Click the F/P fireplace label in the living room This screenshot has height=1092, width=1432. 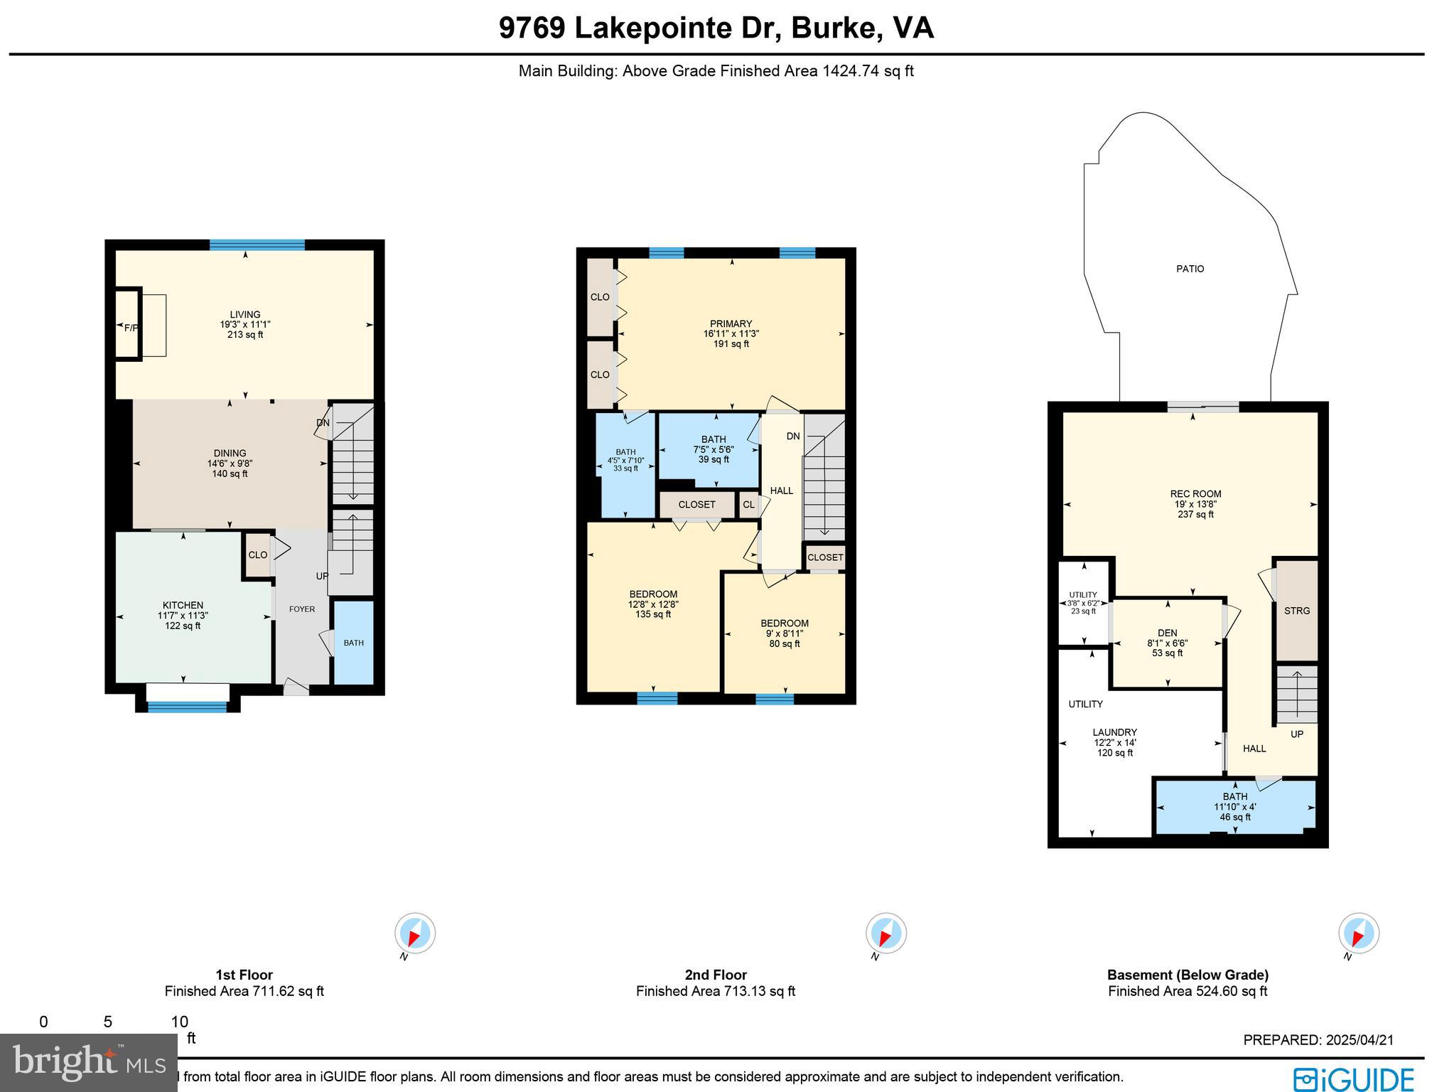[131, 328]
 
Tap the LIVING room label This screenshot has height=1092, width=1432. [245, 314]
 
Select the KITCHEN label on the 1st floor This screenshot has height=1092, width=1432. [183, 605]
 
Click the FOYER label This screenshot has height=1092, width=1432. [302, 609]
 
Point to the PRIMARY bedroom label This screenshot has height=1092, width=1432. [731, 323]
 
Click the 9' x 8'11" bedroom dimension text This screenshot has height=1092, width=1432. [785, 633]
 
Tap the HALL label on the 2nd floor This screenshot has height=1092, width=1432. [782, 491]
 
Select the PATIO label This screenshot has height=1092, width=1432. [1190, 269]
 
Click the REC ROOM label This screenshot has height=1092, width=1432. [1195, 494]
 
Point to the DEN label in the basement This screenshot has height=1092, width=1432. [1167, 633]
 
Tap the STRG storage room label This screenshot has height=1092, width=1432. [1297, 611]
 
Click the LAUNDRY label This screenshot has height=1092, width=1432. [1114, 732]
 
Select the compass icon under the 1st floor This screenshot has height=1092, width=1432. [415, 933]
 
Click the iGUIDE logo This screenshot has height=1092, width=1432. [1354, 1079]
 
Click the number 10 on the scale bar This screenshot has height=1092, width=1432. [179, 1022]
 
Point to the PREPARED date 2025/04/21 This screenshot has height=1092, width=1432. [1318, 1039]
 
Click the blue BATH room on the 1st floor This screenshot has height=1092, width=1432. [354, 643]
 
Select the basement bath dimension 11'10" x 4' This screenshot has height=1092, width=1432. [1235, 807]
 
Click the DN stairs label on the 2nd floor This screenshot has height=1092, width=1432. [793, 437]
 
